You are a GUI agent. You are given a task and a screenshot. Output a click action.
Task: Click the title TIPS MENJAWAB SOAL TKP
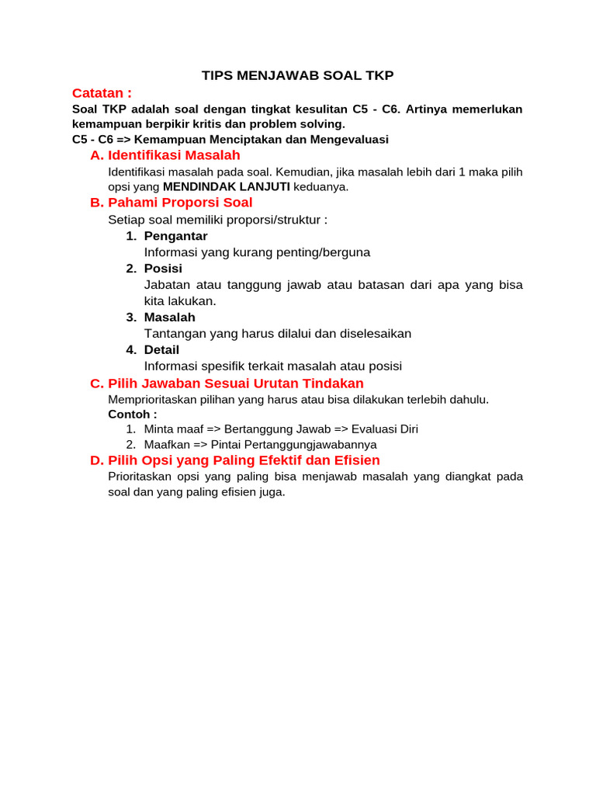click(297, 75)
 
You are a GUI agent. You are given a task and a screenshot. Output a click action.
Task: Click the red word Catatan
click(102, 93)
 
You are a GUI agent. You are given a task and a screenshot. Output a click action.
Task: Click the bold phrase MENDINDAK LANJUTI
click(227, 186)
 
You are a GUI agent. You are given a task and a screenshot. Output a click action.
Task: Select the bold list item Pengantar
click(175, 236)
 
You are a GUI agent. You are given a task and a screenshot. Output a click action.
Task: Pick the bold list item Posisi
click(163, 269)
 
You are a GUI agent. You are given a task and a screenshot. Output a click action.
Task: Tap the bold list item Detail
click(161, 350)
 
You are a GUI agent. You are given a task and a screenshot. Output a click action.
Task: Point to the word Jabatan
click(167, 285)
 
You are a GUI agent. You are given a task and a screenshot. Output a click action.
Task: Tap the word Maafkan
click(167, 445)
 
